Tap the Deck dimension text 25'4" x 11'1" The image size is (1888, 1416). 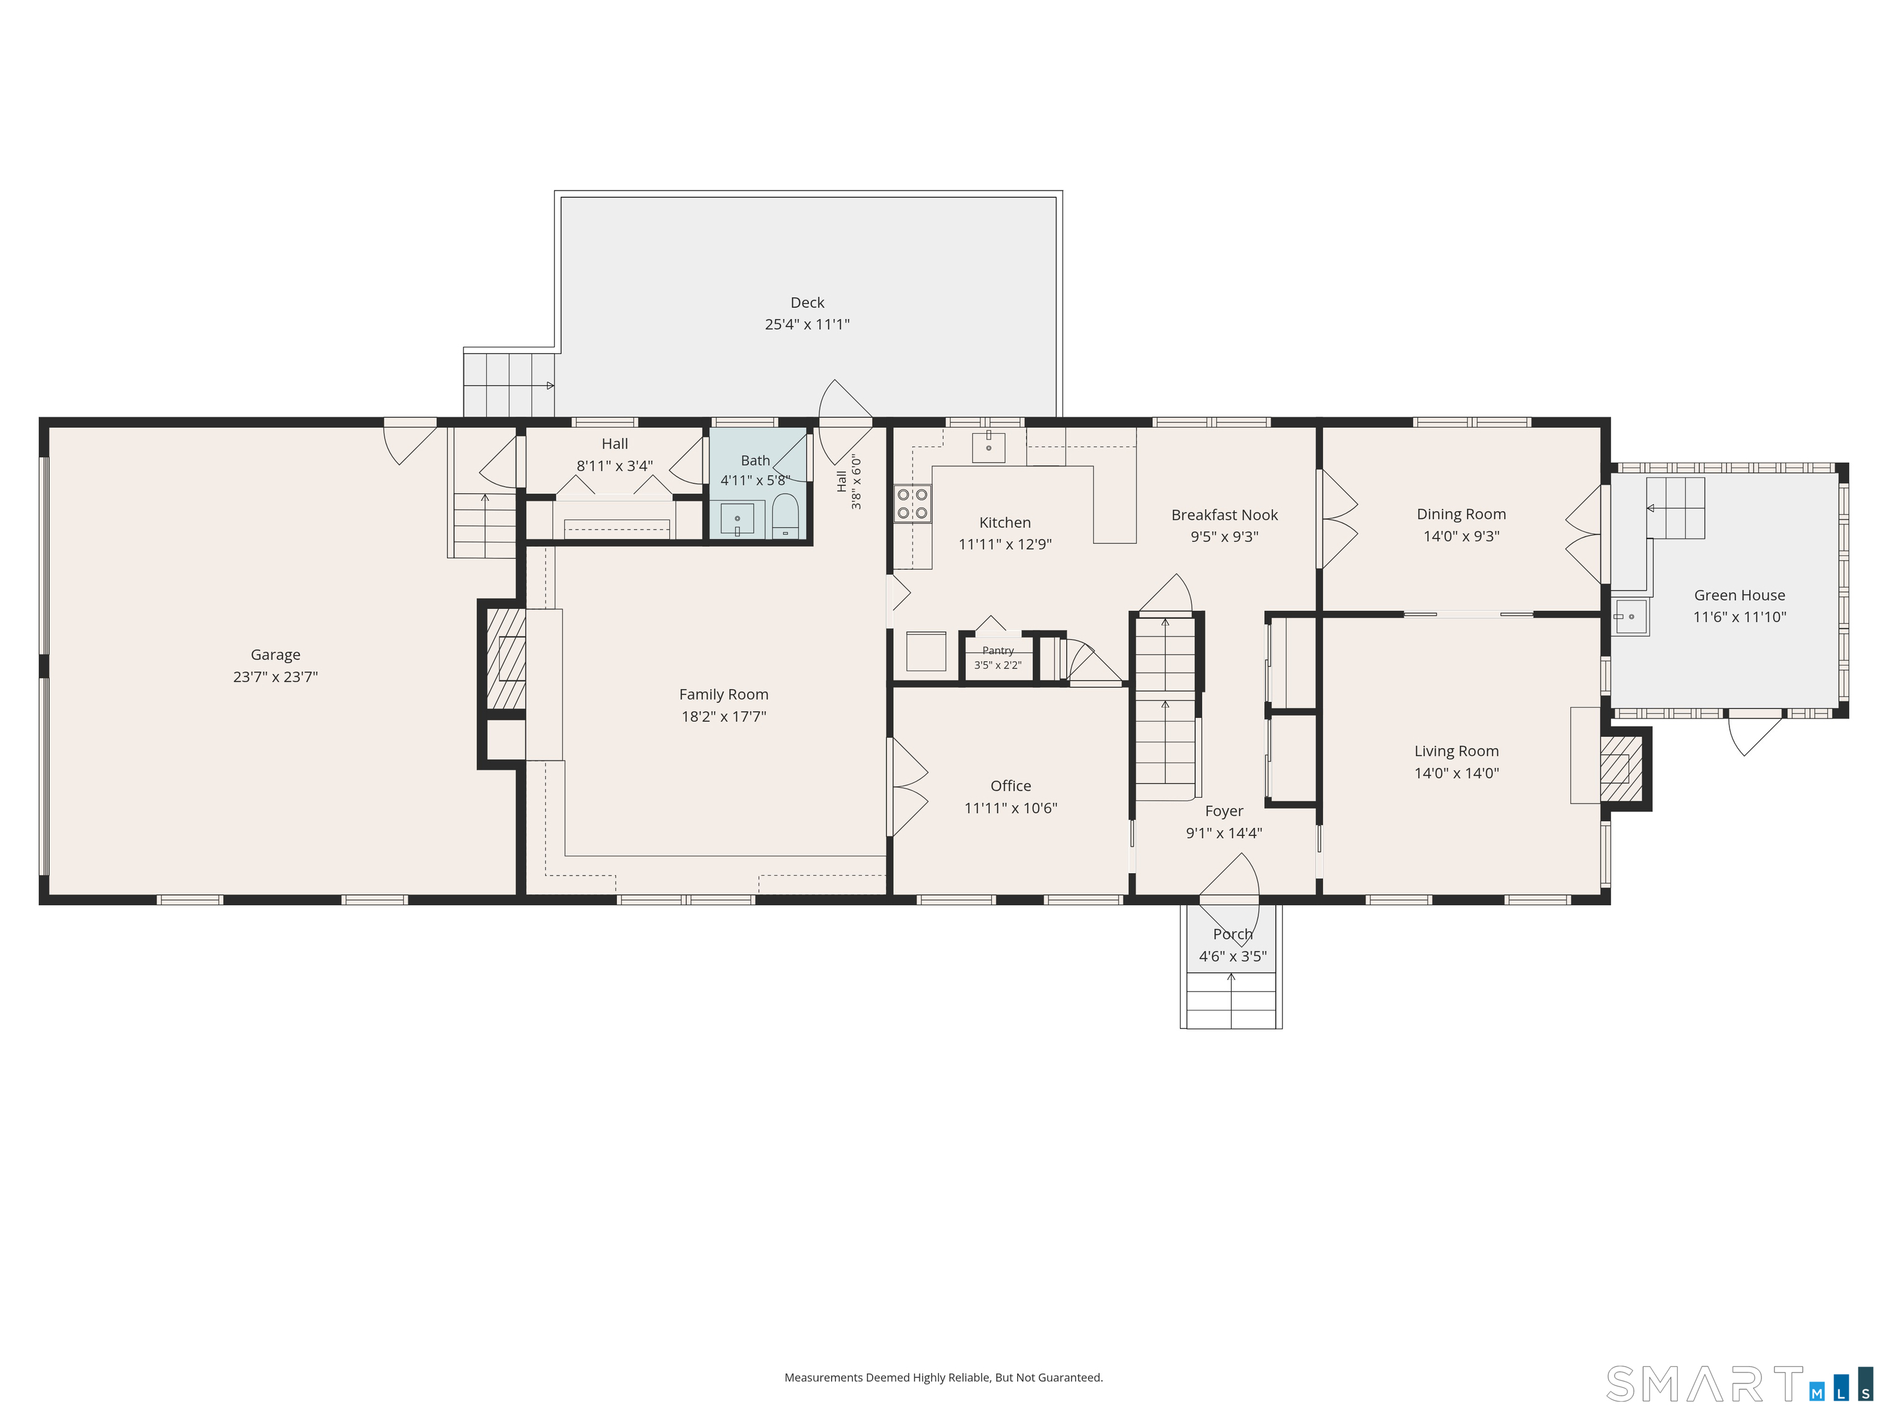808,324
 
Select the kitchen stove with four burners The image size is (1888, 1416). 913,503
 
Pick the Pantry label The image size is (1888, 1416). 997,650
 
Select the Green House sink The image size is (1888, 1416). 1631,616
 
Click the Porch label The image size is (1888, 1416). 1232,934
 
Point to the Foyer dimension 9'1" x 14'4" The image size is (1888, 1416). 1224,833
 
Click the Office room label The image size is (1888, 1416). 1010,786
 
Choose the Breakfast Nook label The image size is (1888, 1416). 1225,514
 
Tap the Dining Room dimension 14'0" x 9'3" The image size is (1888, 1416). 1461,536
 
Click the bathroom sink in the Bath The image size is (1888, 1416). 737,519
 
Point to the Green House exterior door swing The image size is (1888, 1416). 1755,733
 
